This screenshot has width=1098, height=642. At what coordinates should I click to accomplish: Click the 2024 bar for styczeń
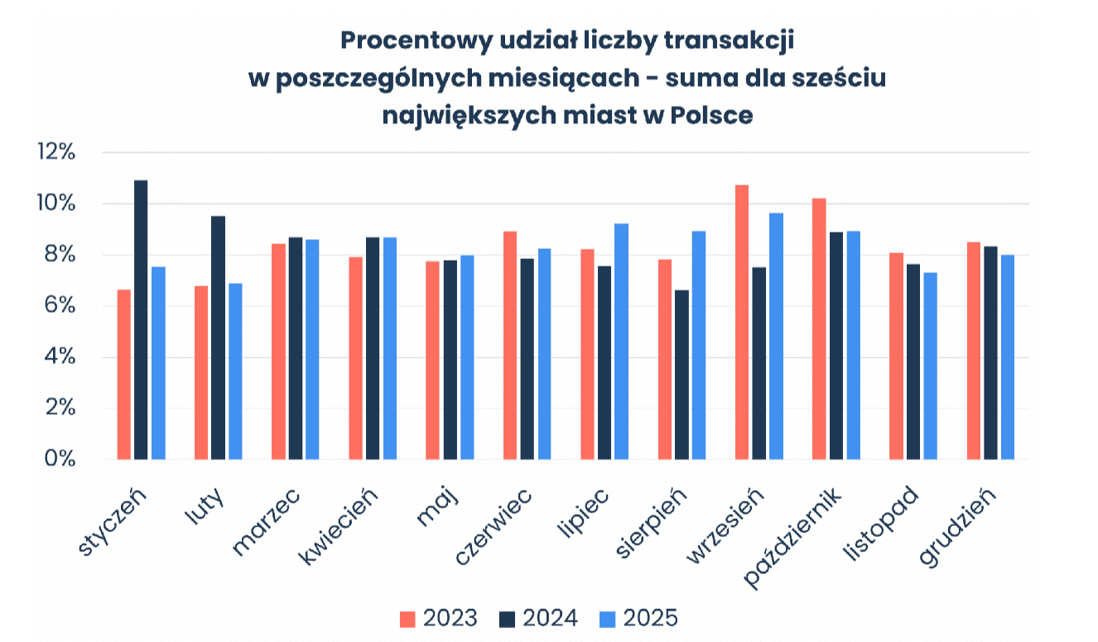141,320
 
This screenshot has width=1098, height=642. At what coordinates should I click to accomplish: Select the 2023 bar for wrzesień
742,322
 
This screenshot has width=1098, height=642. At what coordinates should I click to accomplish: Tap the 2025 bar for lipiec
622,342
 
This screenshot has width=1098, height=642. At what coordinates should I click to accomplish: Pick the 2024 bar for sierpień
681,375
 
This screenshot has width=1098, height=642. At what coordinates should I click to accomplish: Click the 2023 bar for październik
819,328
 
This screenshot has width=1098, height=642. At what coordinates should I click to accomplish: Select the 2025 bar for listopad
931,366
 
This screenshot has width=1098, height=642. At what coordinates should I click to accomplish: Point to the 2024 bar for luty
218,338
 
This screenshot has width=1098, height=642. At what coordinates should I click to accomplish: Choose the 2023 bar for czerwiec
510,345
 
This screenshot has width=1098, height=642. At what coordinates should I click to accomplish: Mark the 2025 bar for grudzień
1008,357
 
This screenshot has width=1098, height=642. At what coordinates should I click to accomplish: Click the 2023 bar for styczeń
124,375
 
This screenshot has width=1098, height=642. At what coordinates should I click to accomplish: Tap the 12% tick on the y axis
56,151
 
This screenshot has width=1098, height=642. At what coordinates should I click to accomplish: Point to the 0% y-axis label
60,459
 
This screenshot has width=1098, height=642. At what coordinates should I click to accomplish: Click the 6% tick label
60,305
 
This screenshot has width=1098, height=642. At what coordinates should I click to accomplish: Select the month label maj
438,507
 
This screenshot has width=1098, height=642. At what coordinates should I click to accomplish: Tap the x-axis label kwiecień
339,526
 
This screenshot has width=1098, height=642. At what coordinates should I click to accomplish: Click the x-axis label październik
792,537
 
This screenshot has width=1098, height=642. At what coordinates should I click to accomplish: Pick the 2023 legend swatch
407,619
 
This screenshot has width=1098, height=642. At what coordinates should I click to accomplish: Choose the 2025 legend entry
638,619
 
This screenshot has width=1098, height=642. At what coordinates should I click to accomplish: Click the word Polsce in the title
711,116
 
